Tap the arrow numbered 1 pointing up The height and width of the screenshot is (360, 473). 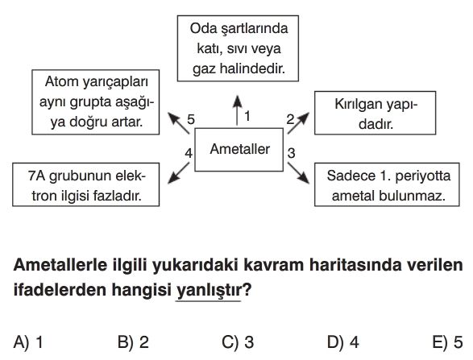click(x=238, y=110)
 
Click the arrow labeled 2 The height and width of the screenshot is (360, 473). click(x=298, y=123)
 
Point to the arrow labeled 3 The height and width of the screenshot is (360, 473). click(x=298, y=173)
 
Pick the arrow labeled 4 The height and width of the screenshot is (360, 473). click(x=178, y=173)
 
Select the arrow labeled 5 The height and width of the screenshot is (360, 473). click(x=178, y=123)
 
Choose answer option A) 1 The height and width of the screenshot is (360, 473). click(x=28, y=342)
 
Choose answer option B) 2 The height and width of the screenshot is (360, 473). click(x=133, y=342)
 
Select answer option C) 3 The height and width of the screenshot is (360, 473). click(x=238, y=342)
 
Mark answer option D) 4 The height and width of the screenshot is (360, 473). click(x=343, y=342)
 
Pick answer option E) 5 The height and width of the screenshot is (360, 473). click(x=447, y=342)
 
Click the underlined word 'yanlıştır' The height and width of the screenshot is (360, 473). click(x=209, y=291)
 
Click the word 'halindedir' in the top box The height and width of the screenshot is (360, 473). click(x=252, y=68)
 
